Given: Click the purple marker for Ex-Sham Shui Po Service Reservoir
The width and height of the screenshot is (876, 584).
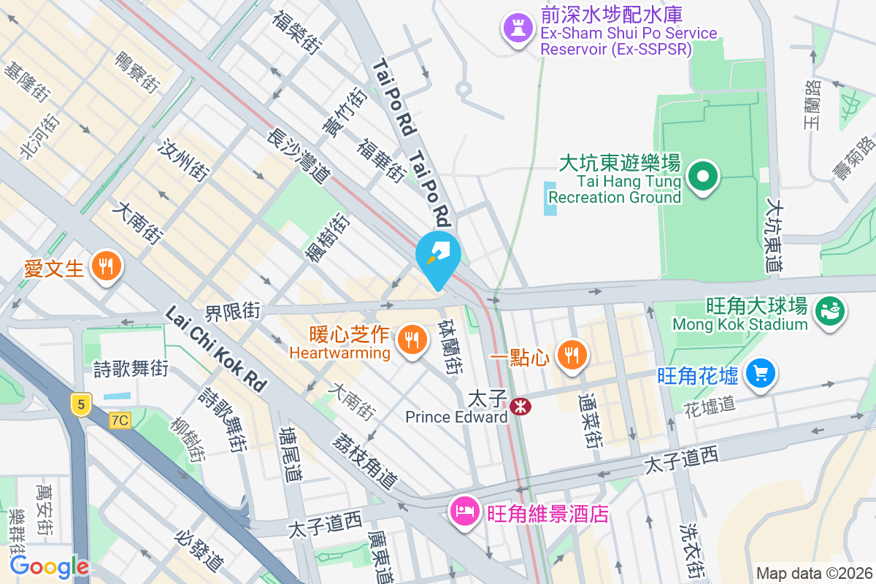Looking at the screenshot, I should coord(518,29).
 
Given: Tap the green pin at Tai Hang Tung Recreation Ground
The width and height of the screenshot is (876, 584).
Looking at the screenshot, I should coord(702,176).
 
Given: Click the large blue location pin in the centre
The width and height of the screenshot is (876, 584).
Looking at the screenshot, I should coord(438,257).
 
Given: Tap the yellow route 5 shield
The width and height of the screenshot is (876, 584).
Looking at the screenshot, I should coord(80,404).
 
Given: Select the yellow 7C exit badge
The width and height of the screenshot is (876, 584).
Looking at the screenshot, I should coord(120,420).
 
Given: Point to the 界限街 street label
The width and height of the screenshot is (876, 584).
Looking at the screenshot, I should coord(232,312).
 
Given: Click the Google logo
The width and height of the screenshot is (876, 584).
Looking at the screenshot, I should coord(49,566).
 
